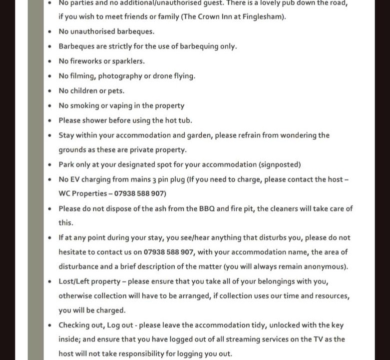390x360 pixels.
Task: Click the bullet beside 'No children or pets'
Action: (x=49, y=91)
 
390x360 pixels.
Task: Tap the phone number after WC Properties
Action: (x=140, y=193)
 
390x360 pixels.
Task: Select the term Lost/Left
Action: (x=74, y=281)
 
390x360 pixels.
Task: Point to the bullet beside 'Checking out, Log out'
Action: (x=49, y=325)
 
